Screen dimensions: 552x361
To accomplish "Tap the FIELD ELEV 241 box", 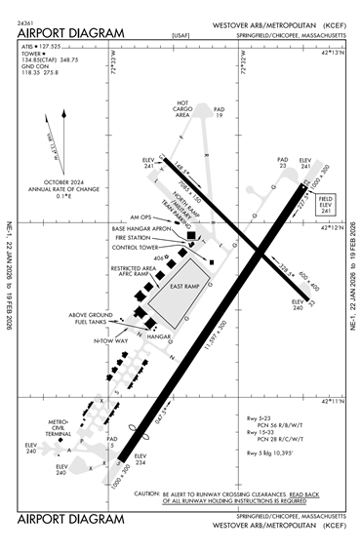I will pyautogui.click(x=328, y=206).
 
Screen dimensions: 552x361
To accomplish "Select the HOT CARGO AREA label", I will pyautogui.click(x=182, y=108).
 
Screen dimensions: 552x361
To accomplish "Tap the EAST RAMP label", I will pyautogui.click(x=182, y=288).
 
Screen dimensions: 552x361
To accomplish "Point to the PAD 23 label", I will pyautogui.click(x=283, y=162).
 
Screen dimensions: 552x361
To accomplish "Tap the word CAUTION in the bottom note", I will pyautogui.click(x=146, y=494).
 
